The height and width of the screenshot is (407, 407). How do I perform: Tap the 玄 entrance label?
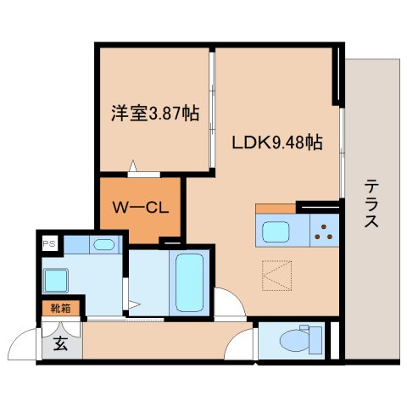[61, 343]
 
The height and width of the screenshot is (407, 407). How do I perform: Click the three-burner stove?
[323, 230]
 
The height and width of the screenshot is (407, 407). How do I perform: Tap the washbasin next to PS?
[103, 245]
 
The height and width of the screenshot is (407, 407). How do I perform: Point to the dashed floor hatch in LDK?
[276, 273]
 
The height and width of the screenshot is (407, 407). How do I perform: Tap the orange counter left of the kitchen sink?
[275, 208]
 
